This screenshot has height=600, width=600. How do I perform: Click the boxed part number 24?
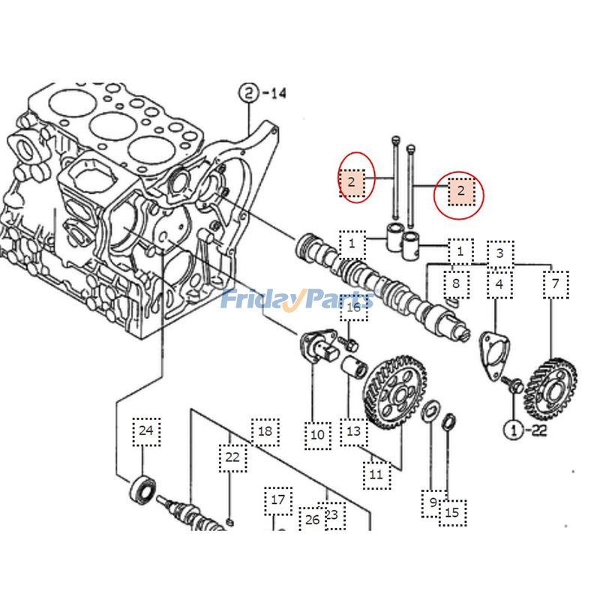coord(145,430)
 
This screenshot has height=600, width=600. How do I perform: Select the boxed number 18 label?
coord(265,431)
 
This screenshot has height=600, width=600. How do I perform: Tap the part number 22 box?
coord(232,457)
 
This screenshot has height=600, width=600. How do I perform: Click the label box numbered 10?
coord(317,434)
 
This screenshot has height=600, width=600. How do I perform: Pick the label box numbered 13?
coord(353,431)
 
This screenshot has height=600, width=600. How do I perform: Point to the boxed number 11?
coord(376,474)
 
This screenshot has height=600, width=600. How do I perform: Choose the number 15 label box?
coord(451,513)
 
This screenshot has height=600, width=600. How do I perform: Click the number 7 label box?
coord(555,284)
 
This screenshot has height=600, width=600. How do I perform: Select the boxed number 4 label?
coord(499,284)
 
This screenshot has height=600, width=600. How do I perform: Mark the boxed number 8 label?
coord(455,284)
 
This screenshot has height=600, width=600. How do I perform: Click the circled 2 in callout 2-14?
coord(248,94)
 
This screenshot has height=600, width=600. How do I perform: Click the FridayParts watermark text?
coord(296,299)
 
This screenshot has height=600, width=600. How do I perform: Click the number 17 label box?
coord(278,499)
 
